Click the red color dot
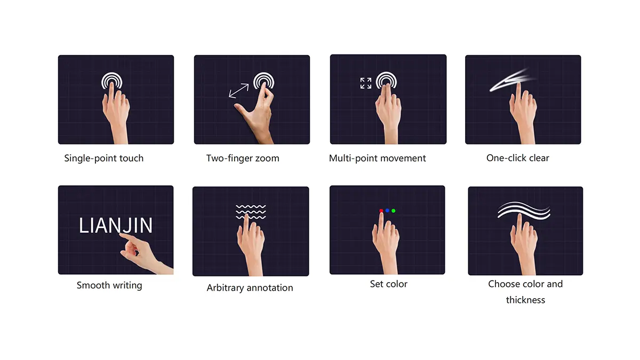[381, 211]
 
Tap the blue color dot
[387, 211]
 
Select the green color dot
[394, 211]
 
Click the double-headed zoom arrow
[239, 91]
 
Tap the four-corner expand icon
[366, 83]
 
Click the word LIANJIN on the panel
[115, 226]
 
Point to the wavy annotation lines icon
[251, 212]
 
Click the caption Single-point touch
[103, 158]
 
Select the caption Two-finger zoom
[243, 158]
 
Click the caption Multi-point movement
[377, 158]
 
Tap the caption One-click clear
[517, 158]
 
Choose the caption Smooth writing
[109, 285]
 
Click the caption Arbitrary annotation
[250, 287]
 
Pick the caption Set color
[389, 284]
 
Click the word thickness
[525, 300]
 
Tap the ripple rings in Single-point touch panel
[111, 75]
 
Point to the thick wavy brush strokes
[524, 211]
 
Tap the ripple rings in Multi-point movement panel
[386, 74]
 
